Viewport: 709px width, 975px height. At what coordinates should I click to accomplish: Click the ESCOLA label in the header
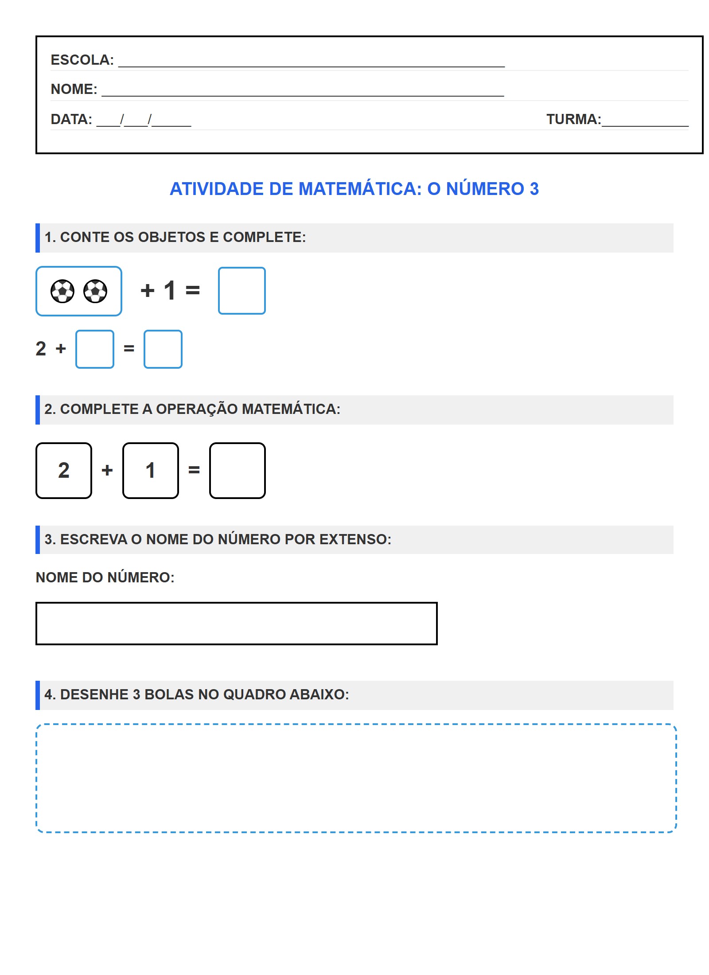pyautogui.click(x=82, y=60)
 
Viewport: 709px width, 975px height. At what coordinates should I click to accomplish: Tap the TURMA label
pyautogui.click(x=573, y=119)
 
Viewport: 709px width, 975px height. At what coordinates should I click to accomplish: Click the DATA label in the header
pyautogui.click(x=71, y=119)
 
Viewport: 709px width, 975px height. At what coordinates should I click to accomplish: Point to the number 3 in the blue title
pyautogui.click(x=534, y=189)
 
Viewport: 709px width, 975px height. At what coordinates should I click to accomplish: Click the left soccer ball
pyautogui.click(x=62, y=291)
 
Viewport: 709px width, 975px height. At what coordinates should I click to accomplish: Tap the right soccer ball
pyautogui.click(x=95, y=291)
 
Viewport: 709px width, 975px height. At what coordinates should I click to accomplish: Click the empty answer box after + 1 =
pyautogui.click(x=242, y=291)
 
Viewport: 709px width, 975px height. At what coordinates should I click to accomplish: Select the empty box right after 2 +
pyautogui.click(x=95, y=349)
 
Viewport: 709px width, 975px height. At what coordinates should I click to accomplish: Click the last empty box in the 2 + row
pyautogui.click(x=163, y=349)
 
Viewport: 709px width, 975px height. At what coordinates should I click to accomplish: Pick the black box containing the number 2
pyautogui.click(x=64, y=470)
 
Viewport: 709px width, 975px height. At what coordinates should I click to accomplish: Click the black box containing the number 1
pyautogui.click(x=151, y=470)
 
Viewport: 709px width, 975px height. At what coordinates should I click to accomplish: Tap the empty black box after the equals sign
pyautogui.click(x=238, y=470)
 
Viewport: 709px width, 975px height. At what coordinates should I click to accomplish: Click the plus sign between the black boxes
pyautogui.click(x=107, y=470)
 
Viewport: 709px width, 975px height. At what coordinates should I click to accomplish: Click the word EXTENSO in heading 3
pyautogui.click(x=355, y=539)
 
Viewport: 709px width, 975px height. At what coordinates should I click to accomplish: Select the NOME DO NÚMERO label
pyautogui.click(x=105, y=577)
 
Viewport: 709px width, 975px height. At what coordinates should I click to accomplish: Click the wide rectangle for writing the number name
pyautogui.click(x=236, y=623)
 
